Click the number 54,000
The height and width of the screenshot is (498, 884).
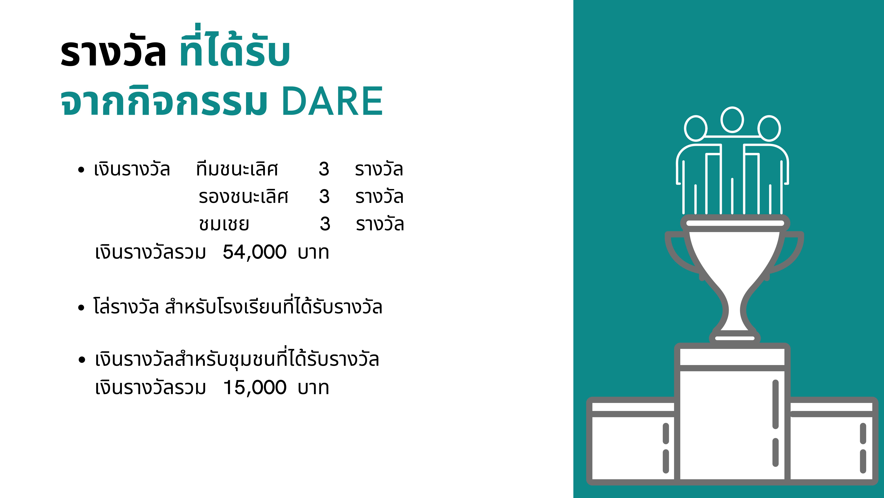pos(254,252)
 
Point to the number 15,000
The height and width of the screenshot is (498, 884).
pos(254,388)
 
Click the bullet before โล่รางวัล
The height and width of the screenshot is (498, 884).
pos(81,308)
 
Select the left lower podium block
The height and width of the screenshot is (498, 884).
pos(631,442)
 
